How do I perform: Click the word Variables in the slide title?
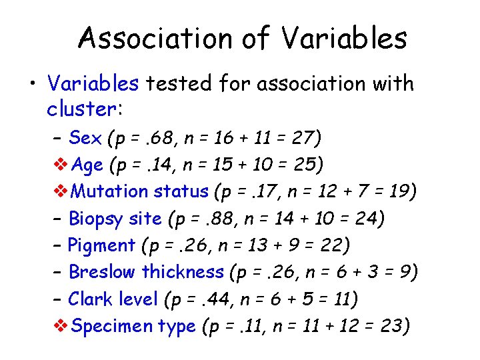click(x=343, y=39)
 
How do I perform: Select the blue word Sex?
click(x=85, y=138)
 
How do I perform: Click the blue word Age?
click(x=87, y=165)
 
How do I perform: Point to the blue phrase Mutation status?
click(x=140, y=191)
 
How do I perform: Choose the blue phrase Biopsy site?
click(x=115, y=219)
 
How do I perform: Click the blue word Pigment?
click(x=102, y=245)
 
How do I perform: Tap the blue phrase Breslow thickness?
click(x=146, y=272)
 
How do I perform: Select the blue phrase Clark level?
click(x=113, y=299)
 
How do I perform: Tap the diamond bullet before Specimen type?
click(x=59, y=326)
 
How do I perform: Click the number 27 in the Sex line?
click(x=303, y=138)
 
